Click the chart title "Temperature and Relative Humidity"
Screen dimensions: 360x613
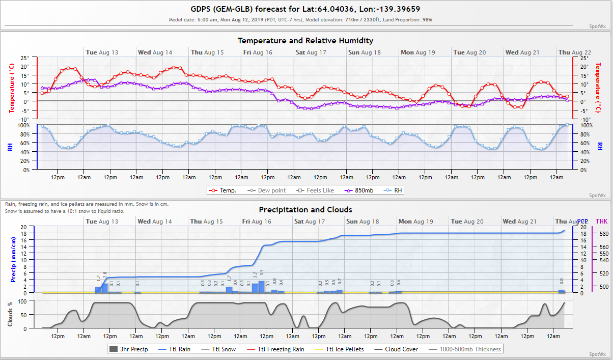coord(305,40)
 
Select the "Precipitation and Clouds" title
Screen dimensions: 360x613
coord(305,209)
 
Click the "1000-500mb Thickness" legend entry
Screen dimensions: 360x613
coord(465,349)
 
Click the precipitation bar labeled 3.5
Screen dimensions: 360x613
coord(262,287)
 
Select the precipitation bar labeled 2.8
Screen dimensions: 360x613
coord(105,288)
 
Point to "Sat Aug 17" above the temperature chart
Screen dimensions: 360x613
coord(310,52)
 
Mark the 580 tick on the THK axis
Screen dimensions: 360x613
coord(604,234)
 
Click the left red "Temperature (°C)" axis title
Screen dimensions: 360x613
coord(12,88)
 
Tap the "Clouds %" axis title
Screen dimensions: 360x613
coord(10,314)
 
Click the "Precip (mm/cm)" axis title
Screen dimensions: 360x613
coord(14,260)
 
